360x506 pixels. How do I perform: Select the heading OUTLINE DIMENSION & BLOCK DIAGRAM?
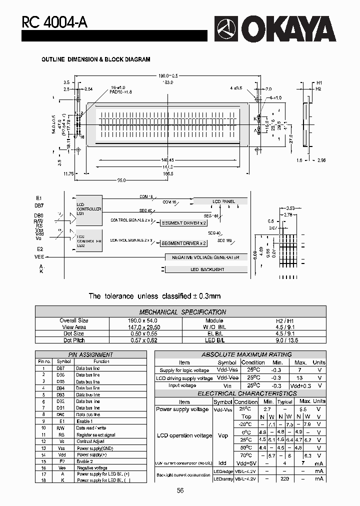[x=95, y=59]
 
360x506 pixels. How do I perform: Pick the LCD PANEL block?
[x=223, y=201]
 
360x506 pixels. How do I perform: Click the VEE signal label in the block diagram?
[x=39, y=256]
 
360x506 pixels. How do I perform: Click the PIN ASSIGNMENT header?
[x=90, y=354]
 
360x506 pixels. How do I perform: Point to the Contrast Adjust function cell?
[x=90, y=441]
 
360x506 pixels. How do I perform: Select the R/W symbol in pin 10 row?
[x=60, y=428]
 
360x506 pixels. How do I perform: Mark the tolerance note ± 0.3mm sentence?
[x=154, y=296]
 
